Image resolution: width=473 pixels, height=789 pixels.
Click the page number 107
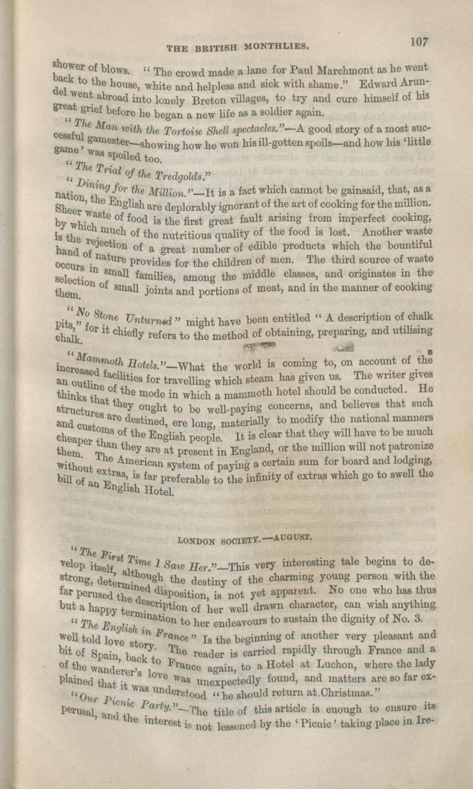[418, 43]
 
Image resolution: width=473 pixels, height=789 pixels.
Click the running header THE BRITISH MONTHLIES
[238, 47]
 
